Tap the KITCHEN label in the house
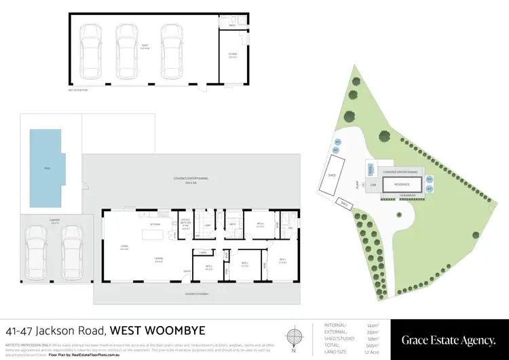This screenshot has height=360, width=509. coord(155,223)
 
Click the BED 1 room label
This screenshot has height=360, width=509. coord(282,261)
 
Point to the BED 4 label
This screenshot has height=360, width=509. coord(260,225)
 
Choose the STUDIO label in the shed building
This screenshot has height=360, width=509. coord(232,56)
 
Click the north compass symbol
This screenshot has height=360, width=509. coord(293,338)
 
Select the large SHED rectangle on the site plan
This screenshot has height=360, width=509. coord(333,175)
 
